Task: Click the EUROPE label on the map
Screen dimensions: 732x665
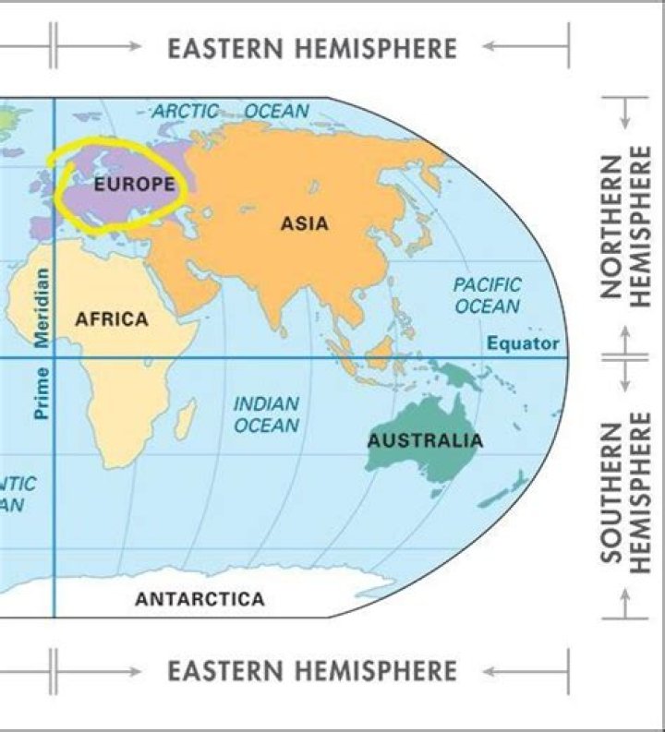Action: [134, 185]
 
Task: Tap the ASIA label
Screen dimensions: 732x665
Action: [305, 223]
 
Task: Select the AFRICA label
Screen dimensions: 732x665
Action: [111, 319]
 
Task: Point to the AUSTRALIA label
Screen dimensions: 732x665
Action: [425, 440]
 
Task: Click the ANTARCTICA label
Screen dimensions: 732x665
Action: [199, 599]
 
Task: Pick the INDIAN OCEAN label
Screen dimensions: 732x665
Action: [266, 414]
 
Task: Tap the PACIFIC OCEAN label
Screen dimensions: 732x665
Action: [487, 295]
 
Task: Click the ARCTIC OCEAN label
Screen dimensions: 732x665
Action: [230, 111]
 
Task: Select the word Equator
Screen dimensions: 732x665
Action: [523, 344]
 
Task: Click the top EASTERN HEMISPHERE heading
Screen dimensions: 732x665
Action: [312, 48]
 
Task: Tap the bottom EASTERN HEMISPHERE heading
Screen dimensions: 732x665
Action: [312, 670]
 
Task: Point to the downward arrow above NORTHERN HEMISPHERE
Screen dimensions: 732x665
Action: [625, 111]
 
